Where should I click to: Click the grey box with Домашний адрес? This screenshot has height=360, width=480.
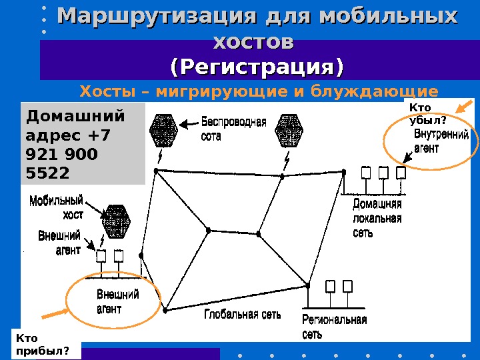[83, 143]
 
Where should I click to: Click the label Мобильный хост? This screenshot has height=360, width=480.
[58, 206]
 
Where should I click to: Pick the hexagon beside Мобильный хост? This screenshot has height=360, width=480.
[117, 220]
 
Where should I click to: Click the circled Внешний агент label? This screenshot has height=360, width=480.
[118, 301]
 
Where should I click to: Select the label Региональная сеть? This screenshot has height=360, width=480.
[334, 327]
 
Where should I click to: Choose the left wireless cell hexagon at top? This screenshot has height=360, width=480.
[164, 130]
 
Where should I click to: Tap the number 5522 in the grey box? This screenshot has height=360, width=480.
[47, 173]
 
